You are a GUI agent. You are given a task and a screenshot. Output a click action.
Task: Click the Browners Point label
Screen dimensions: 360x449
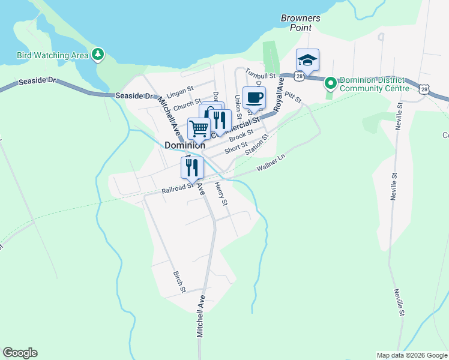click(301, 23)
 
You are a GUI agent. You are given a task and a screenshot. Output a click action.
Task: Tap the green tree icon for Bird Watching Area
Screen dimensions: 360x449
click(97, 55)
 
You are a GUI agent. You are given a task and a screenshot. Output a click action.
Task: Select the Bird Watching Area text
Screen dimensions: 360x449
click(52, 55)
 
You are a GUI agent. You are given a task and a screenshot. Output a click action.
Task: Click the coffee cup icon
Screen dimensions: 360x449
click(254, 97)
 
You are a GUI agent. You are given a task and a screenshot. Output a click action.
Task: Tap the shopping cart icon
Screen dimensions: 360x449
click(199, 128)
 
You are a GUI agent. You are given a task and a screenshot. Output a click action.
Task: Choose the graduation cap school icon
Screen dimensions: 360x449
click(307, 59)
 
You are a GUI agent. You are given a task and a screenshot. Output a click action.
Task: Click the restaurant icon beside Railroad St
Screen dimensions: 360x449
click(192, 168)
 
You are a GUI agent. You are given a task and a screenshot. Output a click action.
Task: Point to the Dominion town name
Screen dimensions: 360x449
click(185, 145)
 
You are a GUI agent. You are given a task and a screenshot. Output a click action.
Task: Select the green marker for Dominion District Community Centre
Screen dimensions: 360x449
click(330, 83)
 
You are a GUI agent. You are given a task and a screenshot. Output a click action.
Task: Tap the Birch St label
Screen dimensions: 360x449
click(179, 282)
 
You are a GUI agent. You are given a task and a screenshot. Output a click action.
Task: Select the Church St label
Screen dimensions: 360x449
click(187, 104)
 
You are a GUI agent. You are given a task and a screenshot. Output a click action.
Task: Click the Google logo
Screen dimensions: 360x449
click(20, 353)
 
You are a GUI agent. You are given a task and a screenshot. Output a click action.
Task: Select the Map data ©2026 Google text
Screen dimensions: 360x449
click(411, 355)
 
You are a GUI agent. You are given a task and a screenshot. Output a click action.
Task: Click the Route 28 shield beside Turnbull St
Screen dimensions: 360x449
click(298, 76)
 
